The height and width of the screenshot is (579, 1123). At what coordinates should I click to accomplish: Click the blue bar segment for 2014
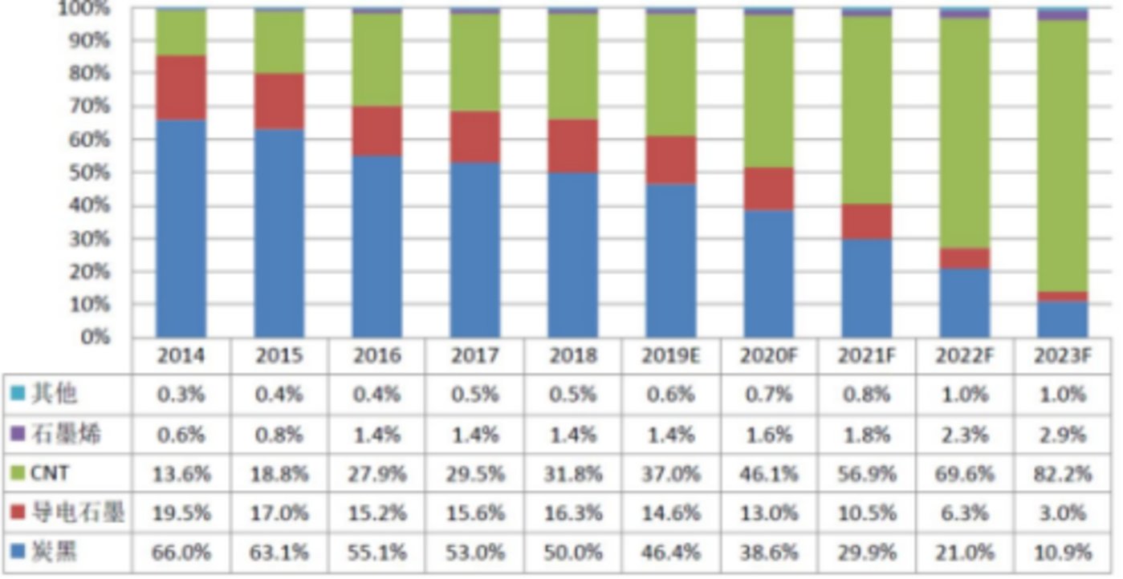tap(181, 229)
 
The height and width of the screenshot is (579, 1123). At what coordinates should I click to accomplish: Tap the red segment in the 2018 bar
tap(572, 146)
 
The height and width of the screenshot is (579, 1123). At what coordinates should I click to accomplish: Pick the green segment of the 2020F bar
tap(768, 91)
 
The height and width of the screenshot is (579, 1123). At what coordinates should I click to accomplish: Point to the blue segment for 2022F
tap(964, 302)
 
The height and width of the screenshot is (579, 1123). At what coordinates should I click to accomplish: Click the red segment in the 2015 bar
tap(279, 101)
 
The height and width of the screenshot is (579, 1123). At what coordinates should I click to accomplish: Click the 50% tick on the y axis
tap(94, 172)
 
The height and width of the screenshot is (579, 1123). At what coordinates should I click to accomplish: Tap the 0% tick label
tap(96, 337)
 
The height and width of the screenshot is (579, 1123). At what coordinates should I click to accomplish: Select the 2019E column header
tap(671, 356)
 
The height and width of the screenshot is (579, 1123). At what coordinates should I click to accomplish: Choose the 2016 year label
tap(376, 356)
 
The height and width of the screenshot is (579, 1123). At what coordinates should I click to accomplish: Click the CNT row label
tap(50, 474)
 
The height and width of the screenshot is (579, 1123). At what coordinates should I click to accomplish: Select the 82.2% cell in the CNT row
tap(1063, 474)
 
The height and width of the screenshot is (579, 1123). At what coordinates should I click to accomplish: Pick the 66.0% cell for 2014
tap(181, 552)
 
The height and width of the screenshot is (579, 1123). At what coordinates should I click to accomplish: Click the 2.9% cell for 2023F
tap(1063, 435)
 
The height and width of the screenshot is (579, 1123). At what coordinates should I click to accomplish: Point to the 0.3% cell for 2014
tap(181, 395)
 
